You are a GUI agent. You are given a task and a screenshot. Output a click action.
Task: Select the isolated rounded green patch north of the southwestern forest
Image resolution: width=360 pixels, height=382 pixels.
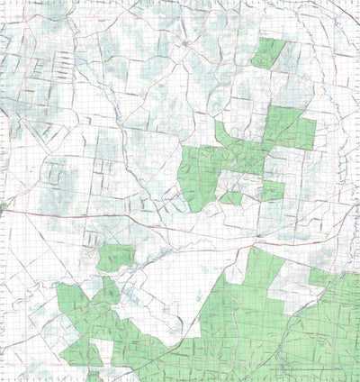tap(114, 258)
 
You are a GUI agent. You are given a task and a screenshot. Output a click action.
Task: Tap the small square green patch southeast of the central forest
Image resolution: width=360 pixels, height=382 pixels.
tap(272, 190)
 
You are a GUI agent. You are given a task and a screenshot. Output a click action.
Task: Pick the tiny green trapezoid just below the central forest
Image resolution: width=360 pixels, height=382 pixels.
tap(231, 197)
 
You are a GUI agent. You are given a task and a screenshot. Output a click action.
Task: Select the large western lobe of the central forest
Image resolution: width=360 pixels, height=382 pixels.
tap(200, 176)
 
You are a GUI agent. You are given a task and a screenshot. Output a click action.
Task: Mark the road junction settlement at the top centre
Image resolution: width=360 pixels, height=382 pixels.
tap(184, 42)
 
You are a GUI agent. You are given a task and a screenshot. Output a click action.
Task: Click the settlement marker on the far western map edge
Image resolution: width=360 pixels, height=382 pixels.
tap(4, 206)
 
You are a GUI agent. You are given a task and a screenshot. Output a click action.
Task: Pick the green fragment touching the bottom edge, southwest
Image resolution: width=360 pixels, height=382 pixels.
tap(92, 376)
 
